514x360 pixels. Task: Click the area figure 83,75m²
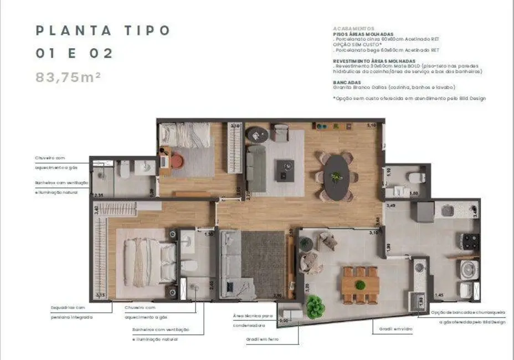[68, 77]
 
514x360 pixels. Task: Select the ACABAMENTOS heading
[353, 28]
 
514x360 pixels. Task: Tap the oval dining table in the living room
[336, 177]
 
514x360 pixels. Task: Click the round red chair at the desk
[176, 161]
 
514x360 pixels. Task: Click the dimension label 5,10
[371, 126]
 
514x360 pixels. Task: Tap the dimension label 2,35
[99, 195]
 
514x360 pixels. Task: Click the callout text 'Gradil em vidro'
[389, 328]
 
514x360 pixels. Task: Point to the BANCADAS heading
[347, 83]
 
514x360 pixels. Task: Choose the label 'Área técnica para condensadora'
[253, 321]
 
